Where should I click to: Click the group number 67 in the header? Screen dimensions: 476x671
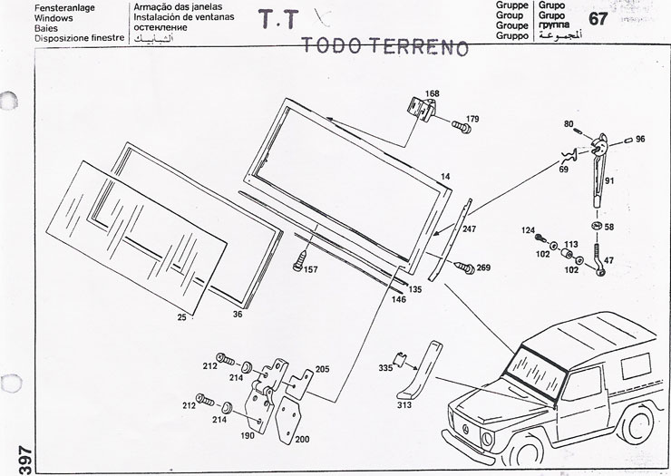[598, 19]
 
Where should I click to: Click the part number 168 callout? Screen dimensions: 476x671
[432, 93]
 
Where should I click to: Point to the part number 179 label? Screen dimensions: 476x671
[472, 120]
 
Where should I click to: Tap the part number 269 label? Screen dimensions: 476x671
[483, 267]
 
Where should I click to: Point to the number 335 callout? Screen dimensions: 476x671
[385, 367]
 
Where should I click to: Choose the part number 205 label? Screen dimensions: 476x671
[322, 370]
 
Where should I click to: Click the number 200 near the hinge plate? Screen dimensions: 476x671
[303, 439]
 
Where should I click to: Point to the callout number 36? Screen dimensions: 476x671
[238, 314]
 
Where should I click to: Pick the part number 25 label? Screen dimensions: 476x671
[181, 317]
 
